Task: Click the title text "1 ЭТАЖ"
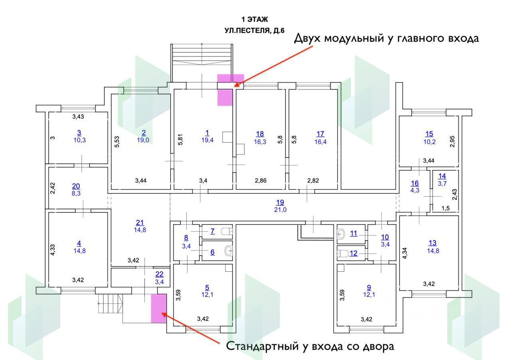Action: click(254, 19)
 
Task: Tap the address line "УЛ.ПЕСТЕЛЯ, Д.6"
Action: click(254, 30)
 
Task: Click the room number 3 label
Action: click(79, 132)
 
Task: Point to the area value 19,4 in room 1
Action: click(207, 140)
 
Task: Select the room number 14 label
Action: click(442, 176)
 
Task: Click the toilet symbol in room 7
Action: click(227, 231)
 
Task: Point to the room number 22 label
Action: click(159, 274)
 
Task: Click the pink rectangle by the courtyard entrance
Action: click(158, 308)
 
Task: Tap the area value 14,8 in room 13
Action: click(432, 251)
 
